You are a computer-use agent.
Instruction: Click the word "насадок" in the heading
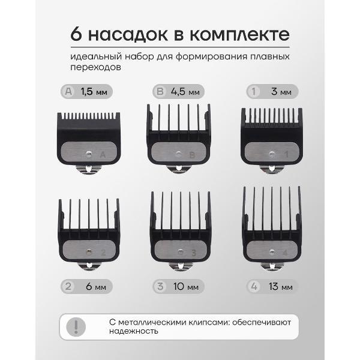pos(128,35)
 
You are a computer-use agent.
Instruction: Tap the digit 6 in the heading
pos(76,34)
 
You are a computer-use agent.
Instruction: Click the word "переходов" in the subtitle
pos(95,67)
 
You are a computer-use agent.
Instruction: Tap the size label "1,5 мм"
pos(94,92)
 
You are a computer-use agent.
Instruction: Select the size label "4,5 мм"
pos(185,92)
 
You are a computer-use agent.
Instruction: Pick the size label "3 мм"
pos(281,92)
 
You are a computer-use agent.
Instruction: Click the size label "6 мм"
pos(96,287)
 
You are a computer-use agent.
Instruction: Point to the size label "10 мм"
pos(186,287)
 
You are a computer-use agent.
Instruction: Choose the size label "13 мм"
pos(281,287)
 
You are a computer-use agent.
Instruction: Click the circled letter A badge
pos(68,92)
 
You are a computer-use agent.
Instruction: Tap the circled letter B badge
pos(160,92)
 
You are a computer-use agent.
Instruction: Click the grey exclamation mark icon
pos(76,327)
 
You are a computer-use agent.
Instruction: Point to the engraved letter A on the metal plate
pos(103,155)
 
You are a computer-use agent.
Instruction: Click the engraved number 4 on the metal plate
pos(285,253)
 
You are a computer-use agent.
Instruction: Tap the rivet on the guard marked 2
pos(89,252)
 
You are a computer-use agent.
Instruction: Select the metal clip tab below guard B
pos(179,169)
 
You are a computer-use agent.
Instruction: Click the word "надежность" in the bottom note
pos(134,331)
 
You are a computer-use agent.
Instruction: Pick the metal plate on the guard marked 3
pos(181,251)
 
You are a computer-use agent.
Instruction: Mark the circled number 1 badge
pos(254,92)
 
